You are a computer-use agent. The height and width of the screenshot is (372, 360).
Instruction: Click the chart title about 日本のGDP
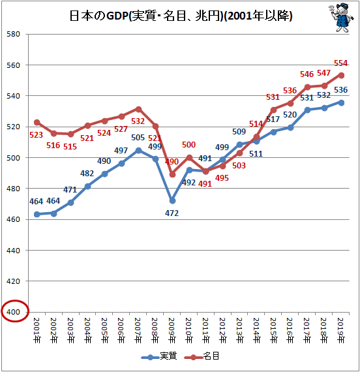pos(181,16)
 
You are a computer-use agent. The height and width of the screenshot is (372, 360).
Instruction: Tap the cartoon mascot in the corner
pos(341,18)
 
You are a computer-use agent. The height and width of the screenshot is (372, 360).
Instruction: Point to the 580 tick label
pos(13,34)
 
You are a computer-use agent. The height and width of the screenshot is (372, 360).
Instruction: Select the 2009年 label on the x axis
pos(172,330)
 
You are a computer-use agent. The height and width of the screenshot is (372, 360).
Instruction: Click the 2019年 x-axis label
pos(341,330)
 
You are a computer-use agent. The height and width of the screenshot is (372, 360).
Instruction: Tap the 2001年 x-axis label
pos(37,330)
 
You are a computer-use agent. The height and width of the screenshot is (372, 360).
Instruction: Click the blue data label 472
pos(172,213)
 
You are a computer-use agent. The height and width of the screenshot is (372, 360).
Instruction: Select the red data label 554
pos(341,63)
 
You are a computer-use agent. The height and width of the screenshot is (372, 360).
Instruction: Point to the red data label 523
pos(37,134)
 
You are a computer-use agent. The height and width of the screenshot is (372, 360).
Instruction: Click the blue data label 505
pos(138,137)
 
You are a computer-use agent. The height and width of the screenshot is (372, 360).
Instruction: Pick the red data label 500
pos(188,144)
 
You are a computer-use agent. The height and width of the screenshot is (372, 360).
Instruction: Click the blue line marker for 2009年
pos(172,201)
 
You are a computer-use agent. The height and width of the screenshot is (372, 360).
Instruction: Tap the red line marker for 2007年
pos(138,109)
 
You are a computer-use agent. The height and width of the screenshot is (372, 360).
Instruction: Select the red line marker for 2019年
pos(342,76)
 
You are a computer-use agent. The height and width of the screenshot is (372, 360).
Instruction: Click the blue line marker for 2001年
pos(37,214)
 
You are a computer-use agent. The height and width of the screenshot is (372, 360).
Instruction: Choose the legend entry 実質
pos(159,356)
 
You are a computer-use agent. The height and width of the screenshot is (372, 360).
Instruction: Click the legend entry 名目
pos(202,356)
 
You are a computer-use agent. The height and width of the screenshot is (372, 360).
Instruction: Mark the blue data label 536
pos(341,89)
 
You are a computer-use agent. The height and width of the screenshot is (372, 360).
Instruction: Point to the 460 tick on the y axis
pos(13,219)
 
